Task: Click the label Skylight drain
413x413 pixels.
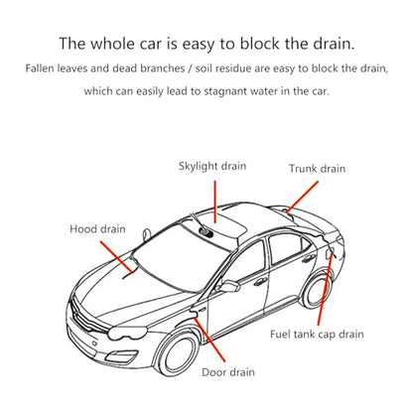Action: [x=212, y=166]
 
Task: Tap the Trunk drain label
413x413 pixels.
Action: [x=317, y=169]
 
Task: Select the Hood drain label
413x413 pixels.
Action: [x=97, y=229]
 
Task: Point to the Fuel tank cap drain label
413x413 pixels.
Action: [x=317, y=334]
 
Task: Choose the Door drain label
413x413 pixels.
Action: [x=228, y=372]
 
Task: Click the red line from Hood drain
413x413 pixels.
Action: [x=117, y=257]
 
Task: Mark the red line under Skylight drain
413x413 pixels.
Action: [x=215, y=202]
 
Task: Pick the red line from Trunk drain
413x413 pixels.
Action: [x=303, y=197]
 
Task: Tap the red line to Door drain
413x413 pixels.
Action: [x=209, y=340]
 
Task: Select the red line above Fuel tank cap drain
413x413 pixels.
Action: [x=325, y=289]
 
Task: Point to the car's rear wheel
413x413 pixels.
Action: [x=315, y=291]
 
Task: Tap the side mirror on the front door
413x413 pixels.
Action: [x=229, y=286]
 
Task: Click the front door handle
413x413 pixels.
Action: [x=260, y=282]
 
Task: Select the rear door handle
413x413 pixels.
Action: [x=309, y=258]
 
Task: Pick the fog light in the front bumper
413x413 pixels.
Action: [x=121, y=356]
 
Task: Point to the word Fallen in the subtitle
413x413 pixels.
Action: [x=40, y=69]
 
